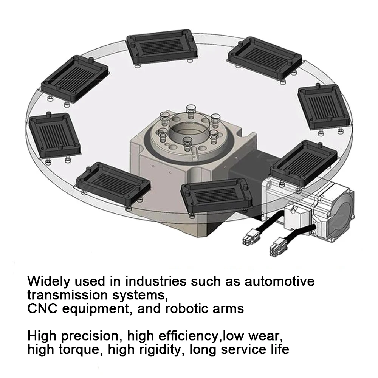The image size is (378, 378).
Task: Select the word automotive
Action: [279, 282]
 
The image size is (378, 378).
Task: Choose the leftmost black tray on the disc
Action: [55, 134]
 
